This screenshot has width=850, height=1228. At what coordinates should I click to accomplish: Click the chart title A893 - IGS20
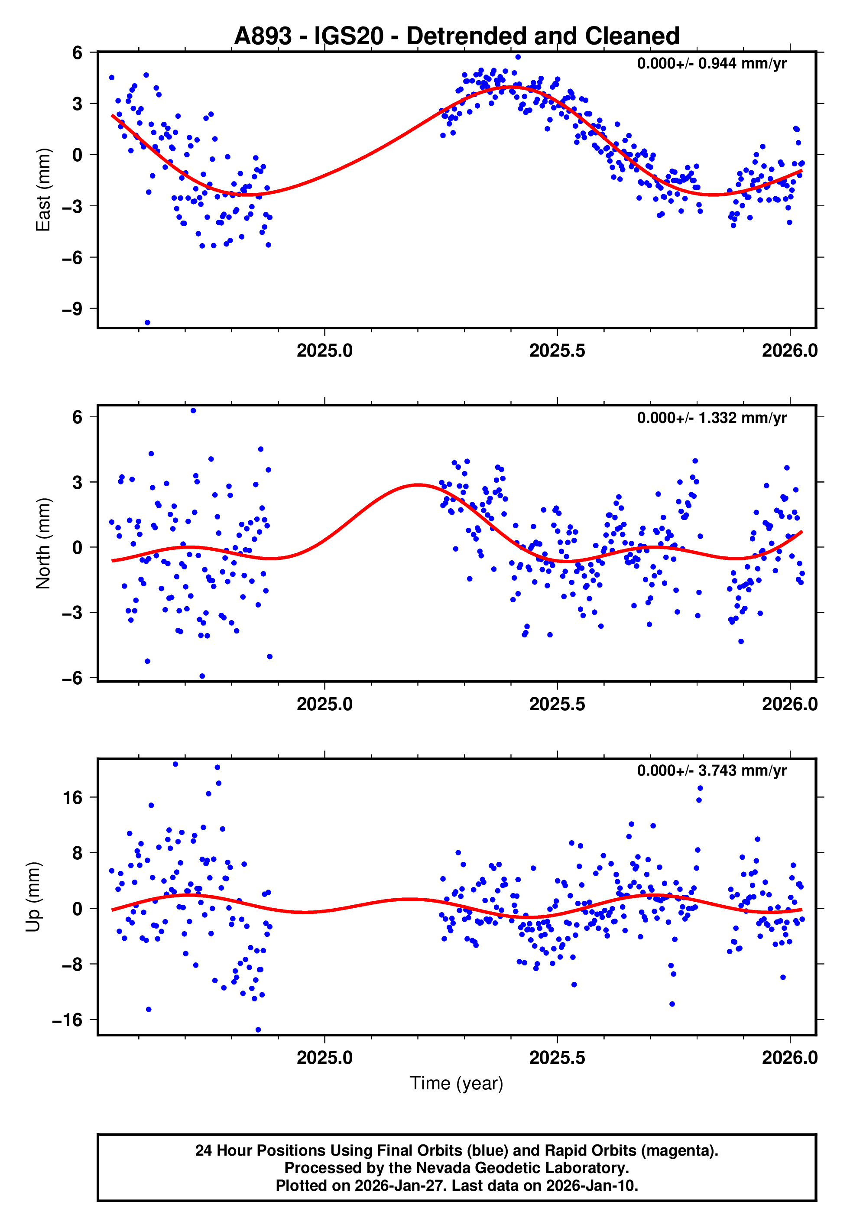(457, 36)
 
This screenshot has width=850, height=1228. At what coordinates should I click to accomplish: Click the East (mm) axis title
(43, 190)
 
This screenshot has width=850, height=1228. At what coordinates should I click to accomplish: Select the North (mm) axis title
(43, 543)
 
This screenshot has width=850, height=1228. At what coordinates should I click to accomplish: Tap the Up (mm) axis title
(33, 897)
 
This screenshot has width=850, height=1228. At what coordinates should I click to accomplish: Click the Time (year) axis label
(457, 1083)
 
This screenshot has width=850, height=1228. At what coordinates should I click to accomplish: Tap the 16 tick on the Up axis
(73, 798)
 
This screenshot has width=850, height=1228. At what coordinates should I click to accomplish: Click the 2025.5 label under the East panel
(557, 351)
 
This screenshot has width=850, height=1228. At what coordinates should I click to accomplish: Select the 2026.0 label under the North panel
(789, 704)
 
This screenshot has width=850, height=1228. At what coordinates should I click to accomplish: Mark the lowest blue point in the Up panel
(258, 1030)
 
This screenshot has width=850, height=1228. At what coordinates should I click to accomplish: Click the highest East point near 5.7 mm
(518, 57)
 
